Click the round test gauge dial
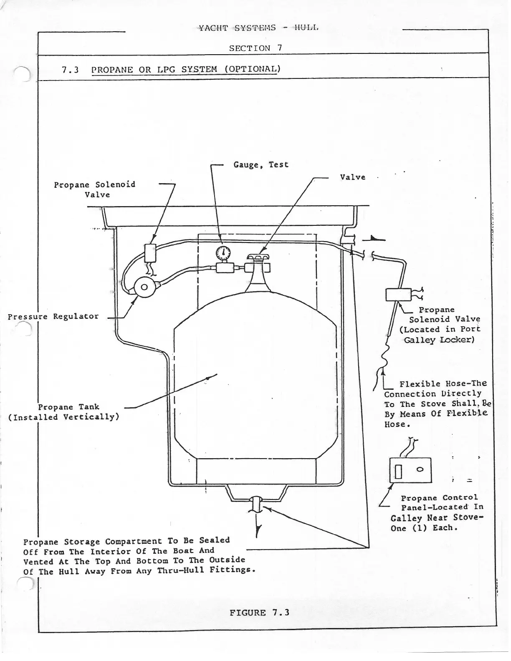pos(223,252)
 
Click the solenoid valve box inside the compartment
pos(150,252)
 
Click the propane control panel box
pos(410,470)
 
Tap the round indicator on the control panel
pos(420,469)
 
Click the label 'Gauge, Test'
pos(261,164)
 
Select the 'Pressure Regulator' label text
pos(53,316)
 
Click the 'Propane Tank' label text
pos(69,407)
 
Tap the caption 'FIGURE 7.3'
pos(259,613)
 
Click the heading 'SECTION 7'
pos(255,48)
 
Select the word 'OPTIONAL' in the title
pos(252,69)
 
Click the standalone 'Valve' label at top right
pos(352,177)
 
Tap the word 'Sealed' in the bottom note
pos(214,540)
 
